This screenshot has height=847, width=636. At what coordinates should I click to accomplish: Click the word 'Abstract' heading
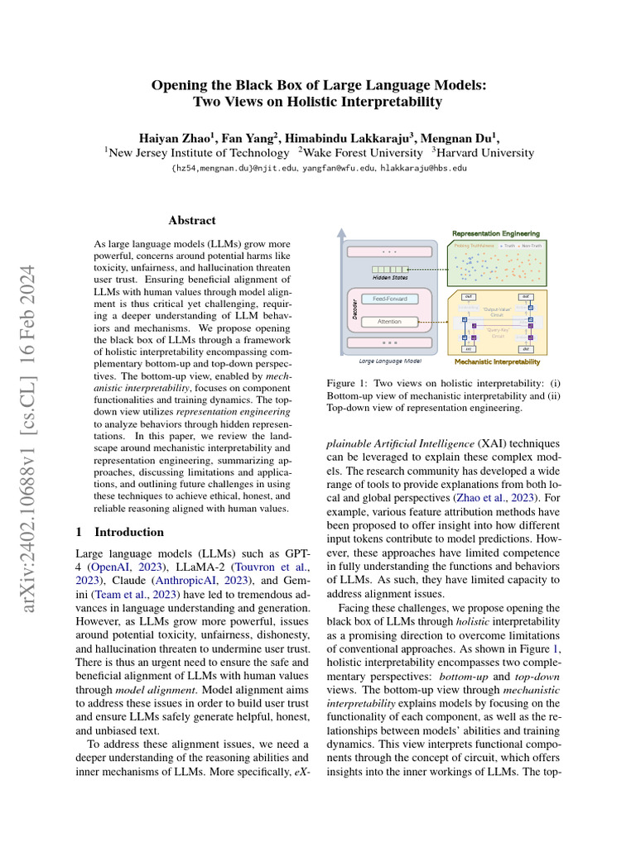pyautogui.click(x=191, y=221)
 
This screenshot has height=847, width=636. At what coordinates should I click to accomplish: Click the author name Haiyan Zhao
pyautogui.click(x=173, y=137)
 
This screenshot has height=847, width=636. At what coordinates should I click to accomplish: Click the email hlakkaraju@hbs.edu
pyautogui.click(x=423, y=168)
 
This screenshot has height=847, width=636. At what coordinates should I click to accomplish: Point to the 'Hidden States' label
pyautogui.click(x=389, y=279)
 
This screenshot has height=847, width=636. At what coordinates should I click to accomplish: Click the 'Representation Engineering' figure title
pyautogui.click(x=496, y=234)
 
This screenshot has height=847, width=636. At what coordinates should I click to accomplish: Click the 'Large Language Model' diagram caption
pyautogui.click(x=388, y=361)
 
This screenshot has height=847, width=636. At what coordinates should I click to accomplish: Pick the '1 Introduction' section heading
pyautogui.click(x=120, y=532)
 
